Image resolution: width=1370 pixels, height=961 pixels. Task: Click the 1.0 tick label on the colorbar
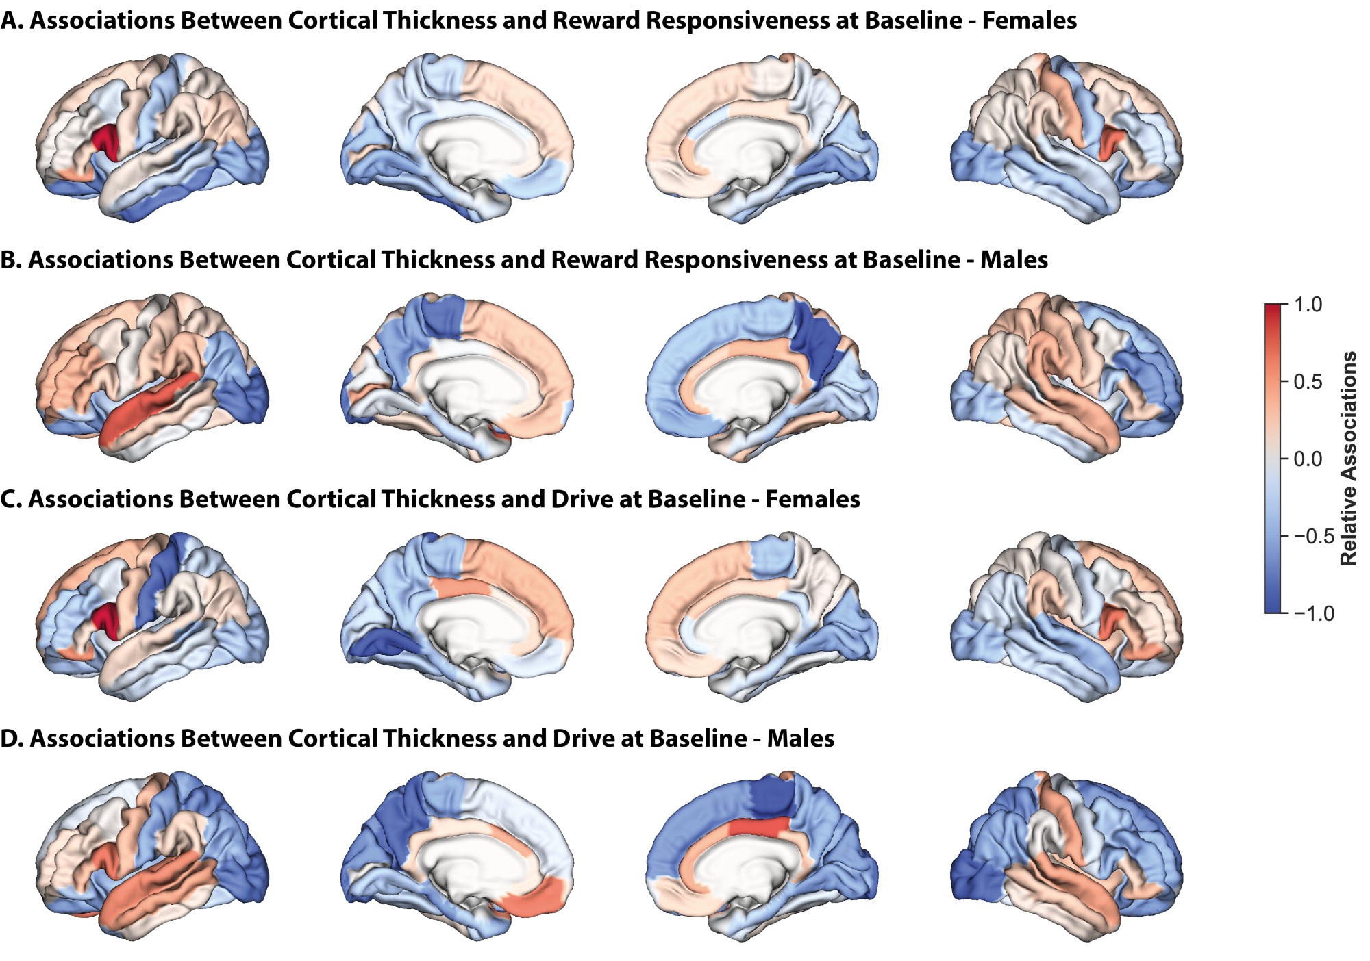(x=1308, y=305)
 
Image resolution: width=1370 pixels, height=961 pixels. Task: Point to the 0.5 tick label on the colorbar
(x=1308, y=382)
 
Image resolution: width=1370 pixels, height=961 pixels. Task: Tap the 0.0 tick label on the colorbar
(x=1308, y=459)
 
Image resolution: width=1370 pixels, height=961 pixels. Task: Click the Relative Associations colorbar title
(x=1349, y=459)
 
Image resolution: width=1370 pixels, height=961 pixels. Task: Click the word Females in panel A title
(x=1029, y=21)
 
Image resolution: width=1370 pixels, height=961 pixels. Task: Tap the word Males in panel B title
(x=1014, y=260)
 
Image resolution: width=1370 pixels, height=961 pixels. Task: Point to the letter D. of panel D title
(x=12, y=739)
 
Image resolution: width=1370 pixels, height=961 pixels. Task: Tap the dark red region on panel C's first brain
(x=106, y=619)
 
